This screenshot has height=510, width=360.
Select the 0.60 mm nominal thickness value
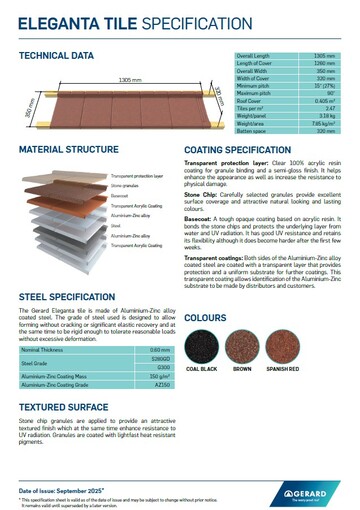155,320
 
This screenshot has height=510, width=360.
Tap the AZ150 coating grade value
155,356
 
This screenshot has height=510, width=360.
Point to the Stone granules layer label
124,186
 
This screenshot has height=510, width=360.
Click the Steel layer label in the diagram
115,226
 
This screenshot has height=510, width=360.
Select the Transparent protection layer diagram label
136,176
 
